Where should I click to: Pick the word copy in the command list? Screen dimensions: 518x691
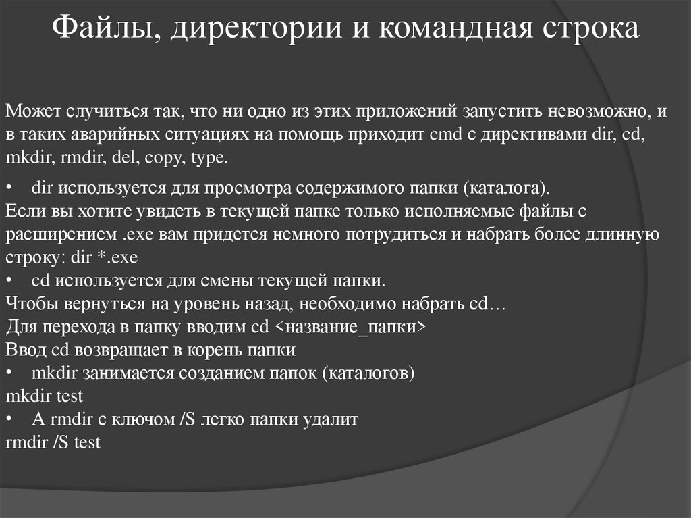pos(164,159)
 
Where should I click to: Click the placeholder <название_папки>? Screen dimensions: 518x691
pos(351,328)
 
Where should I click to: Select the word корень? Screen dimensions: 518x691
pos(217,351)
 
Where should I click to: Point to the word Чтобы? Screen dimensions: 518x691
pos(28,304)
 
